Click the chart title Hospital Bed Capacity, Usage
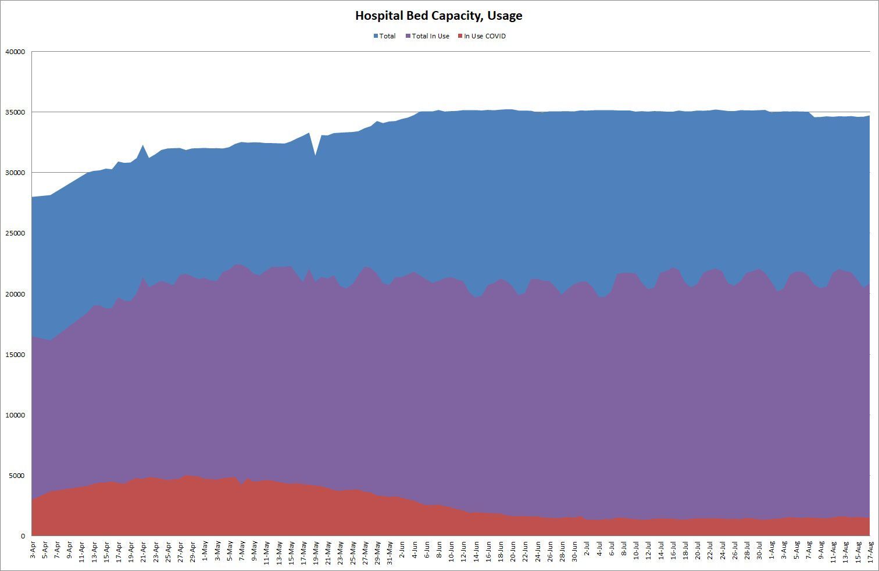coord(438,16)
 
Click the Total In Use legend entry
coord(430,36)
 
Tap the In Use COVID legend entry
coord(484,36)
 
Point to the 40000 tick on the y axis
coord(15,52)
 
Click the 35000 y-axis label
coord(15,112)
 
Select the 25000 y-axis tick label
coord(15,233)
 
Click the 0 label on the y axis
coord(23,536)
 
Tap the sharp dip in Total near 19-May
coord(315,156)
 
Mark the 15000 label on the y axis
coord(15,355)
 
